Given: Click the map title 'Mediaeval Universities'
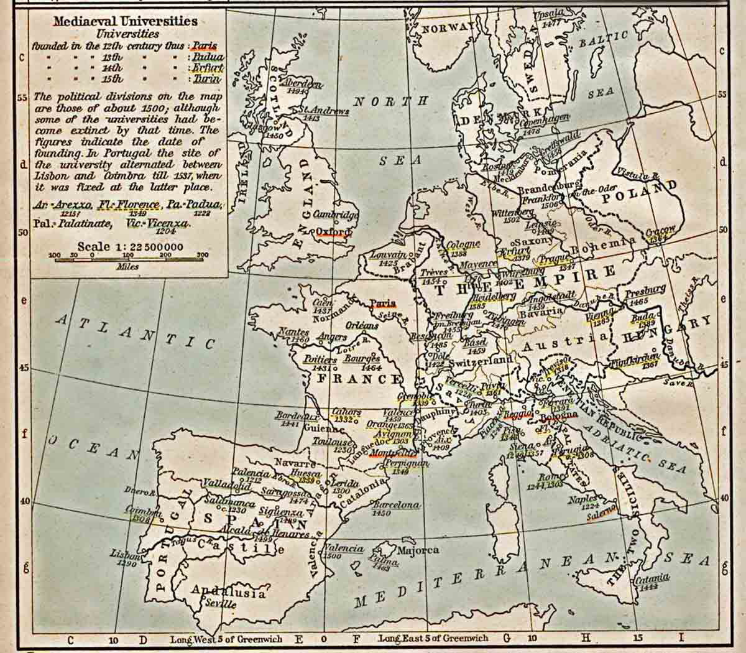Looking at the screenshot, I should point(125,21).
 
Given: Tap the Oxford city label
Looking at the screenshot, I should point(333,231).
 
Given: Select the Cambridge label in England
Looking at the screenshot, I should point(336,215).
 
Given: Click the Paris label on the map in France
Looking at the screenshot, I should point(383,303).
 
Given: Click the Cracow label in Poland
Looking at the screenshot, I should point(660,231).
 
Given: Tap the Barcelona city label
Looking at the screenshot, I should point(395,505).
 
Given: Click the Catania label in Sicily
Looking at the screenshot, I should point(652,578).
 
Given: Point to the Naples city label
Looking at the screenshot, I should point(582,499).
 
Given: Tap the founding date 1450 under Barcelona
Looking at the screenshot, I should point(382,514).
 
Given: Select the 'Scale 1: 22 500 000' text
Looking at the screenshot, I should point(130,246).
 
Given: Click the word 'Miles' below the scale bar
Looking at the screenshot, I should point(127,266).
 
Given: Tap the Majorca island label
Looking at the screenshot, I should point(418,550).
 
